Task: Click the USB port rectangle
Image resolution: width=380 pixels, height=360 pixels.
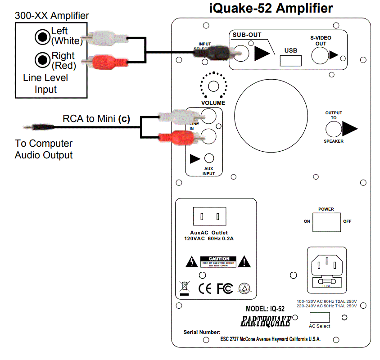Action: [291, 60]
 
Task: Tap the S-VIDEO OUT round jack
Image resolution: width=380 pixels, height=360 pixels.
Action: [320, 55]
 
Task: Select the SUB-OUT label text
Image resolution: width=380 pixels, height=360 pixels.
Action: [247, 35]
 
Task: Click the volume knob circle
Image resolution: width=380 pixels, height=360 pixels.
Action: [213, 86]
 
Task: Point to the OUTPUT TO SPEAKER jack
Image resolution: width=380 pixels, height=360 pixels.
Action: [334, 129]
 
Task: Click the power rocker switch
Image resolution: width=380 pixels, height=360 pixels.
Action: [326, 221]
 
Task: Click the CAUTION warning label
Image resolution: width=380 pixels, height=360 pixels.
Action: [218, 261]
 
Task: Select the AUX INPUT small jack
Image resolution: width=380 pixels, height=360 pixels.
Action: [209, 158]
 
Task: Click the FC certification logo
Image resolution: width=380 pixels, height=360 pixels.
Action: [225, 288]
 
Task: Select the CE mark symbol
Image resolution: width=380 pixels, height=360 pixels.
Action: [205, 288]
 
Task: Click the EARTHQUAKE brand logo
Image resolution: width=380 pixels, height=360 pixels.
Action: [265, 321]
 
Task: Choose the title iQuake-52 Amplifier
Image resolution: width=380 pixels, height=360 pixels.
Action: [271, 8]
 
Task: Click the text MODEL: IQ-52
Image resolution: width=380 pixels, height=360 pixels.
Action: [265, 309]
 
